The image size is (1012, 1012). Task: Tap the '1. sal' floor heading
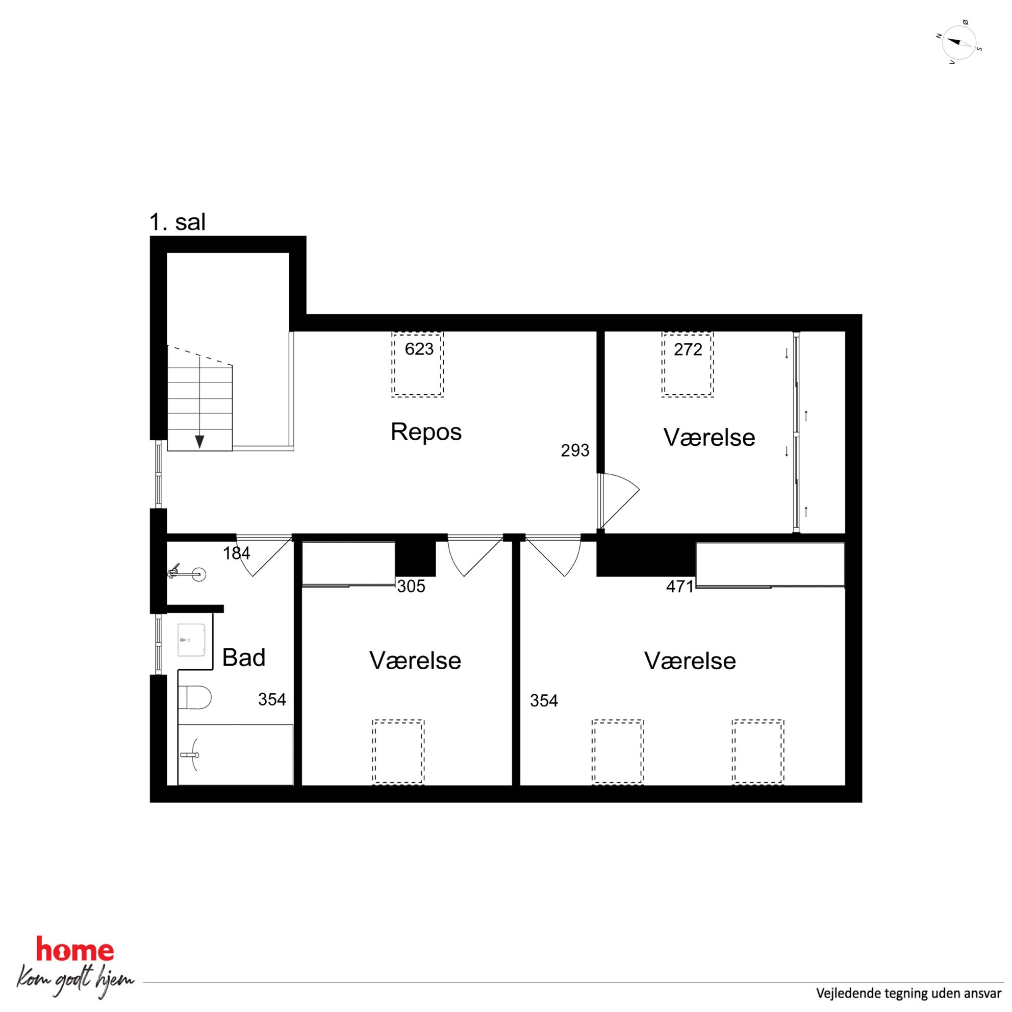tap(178, 222)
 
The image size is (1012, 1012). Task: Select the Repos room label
tap(426, 432)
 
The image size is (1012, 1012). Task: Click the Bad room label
tap(244, 657)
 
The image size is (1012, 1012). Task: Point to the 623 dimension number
tap(419, 349)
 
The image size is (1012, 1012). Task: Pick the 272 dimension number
tap(688, 349)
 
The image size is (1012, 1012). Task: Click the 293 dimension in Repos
tap(575, 450)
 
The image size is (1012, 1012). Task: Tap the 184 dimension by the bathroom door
tap(237, 553)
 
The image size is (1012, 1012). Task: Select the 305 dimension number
tap(411, 587)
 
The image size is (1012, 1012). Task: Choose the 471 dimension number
tap(680, 587)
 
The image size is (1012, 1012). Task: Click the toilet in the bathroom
tap(194, 698)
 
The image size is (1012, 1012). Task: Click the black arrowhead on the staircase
tap(199, 442)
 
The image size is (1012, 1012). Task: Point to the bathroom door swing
tap(265, 556)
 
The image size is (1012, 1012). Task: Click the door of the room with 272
tap(619, 501)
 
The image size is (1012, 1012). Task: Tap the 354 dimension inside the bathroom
tap(272, 700)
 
